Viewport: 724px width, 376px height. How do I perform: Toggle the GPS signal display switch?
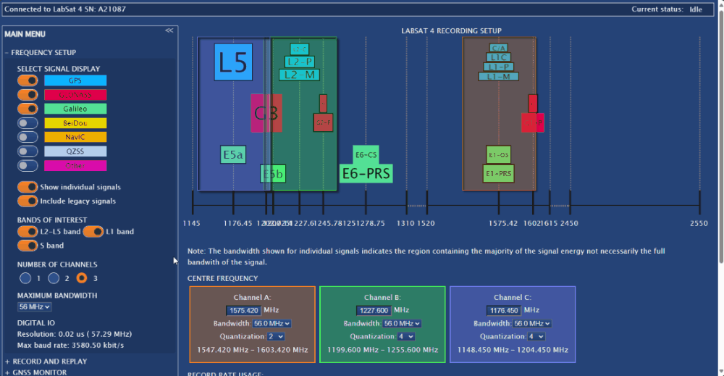tap(28, 80)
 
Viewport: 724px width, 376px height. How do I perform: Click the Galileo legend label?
tap(75, 109)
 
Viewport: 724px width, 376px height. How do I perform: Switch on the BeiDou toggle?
tap(28, 123)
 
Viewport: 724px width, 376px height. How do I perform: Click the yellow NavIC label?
tap(75, 137)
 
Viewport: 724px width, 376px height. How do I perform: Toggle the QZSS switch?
tap(28, 151)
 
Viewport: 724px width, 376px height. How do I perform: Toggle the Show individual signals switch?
tap(28, 187)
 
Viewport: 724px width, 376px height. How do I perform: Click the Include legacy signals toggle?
tap(28, 201)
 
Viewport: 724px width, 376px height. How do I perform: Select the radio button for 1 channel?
tap(25, 277)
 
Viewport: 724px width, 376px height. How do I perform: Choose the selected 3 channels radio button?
tap(82, 277)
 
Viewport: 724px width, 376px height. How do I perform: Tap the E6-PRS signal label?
tap(366, 173)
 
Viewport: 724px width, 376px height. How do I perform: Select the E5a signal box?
tap(233, 154)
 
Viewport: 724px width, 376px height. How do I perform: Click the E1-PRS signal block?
tap(499, 174)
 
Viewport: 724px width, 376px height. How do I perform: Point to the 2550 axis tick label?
tap(699, 223)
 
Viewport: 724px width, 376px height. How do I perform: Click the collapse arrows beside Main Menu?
tap(169, 30)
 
